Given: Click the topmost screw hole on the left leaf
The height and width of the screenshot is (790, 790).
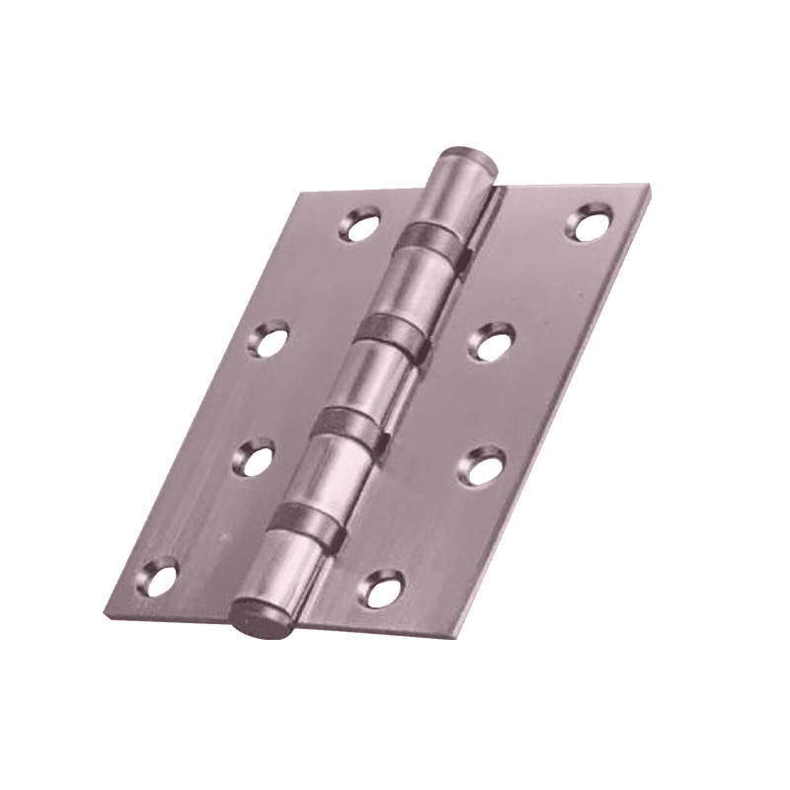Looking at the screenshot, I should click(x=359, y=224).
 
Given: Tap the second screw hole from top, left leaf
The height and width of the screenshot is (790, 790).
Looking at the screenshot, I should click(x=269, y=340).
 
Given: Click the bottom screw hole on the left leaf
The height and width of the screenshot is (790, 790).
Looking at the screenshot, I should click(x=158, y=577).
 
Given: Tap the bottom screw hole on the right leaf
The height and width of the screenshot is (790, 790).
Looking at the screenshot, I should click(x=381, y=587).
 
